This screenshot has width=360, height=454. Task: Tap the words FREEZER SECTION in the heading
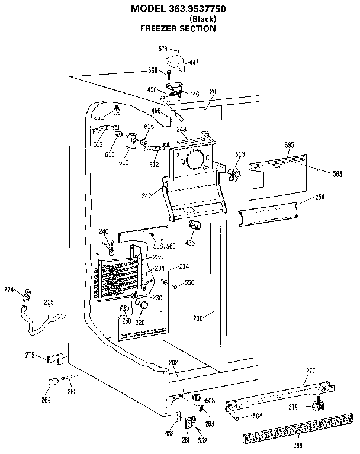pos(178,28)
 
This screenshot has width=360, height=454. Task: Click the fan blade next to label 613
pos(236,174)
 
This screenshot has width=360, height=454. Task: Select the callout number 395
pos(288,144)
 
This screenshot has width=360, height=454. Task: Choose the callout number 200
pos(198,318)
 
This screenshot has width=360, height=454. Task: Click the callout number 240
pos(104,231)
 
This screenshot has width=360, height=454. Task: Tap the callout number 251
pos(99,117)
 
